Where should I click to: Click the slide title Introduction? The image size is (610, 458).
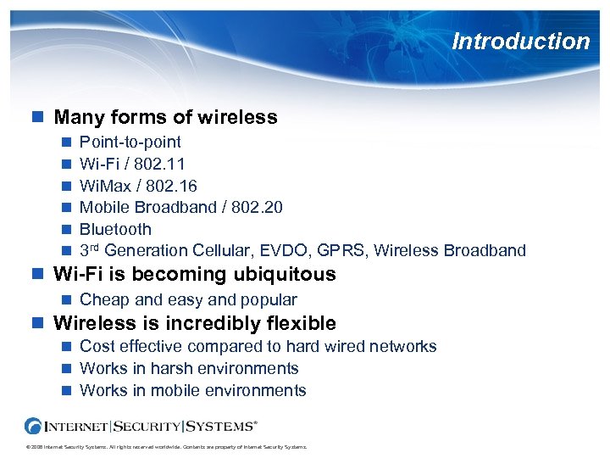pos(520,41)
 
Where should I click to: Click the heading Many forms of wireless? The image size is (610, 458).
pos(165,117)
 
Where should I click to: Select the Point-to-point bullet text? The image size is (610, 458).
pos(130,142)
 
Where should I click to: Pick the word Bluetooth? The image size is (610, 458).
pos(115,229)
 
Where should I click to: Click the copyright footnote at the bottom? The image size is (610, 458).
pos(165,447)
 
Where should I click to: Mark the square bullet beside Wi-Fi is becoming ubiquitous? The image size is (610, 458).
pos(36,275)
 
